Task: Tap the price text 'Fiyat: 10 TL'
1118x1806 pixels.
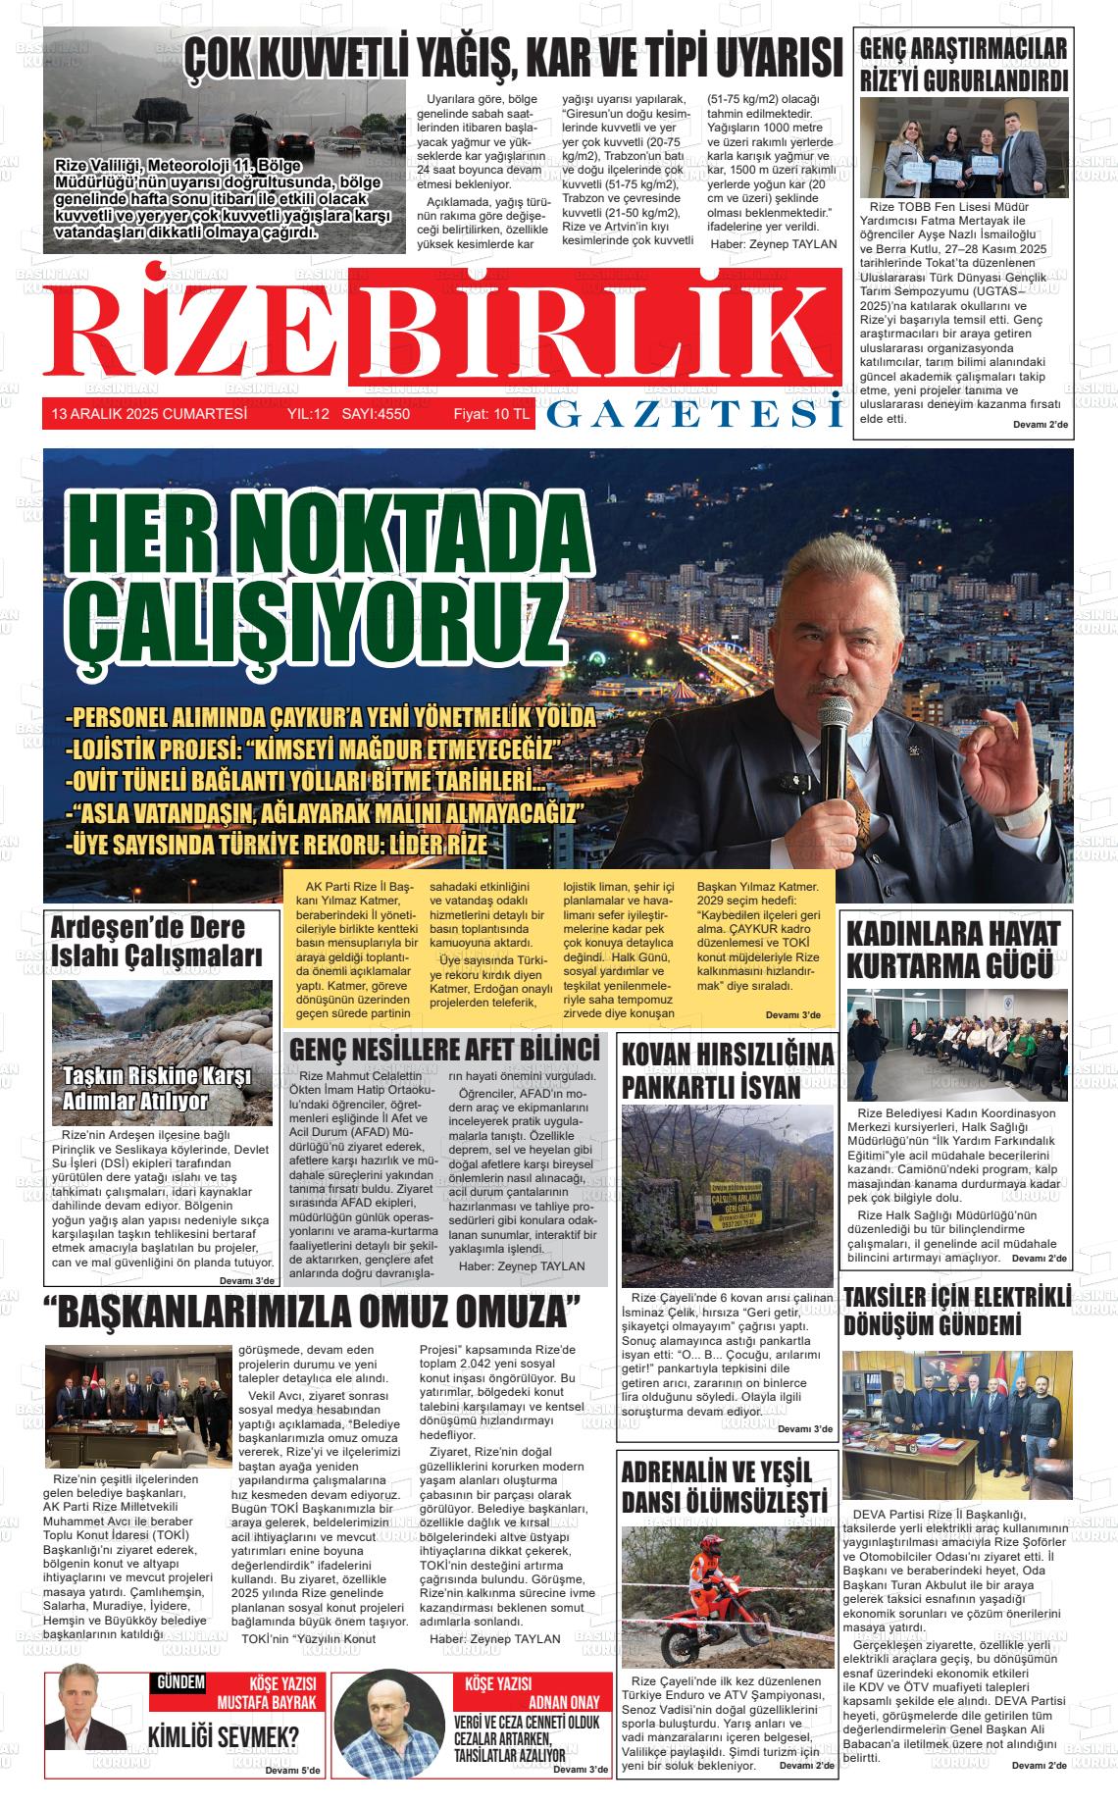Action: tap(491, 415)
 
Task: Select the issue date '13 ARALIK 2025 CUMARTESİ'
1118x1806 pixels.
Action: tap(149, 415)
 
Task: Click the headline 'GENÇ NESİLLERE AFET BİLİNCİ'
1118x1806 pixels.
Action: tap(444, 1049)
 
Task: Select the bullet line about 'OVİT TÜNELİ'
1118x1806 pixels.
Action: tap(306, 782)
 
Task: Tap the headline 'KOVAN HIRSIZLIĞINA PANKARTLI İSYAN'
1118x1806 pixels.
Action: tap(728, 1070)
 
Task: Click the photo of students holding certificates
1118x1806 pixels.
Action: tap(964, 148)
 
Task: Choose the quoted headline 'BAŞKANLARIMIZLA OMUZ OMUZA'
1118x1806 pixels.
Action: tap(313, 1311)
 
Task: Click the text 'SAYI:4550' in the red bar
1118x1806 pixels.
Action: tap(376, 415)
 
